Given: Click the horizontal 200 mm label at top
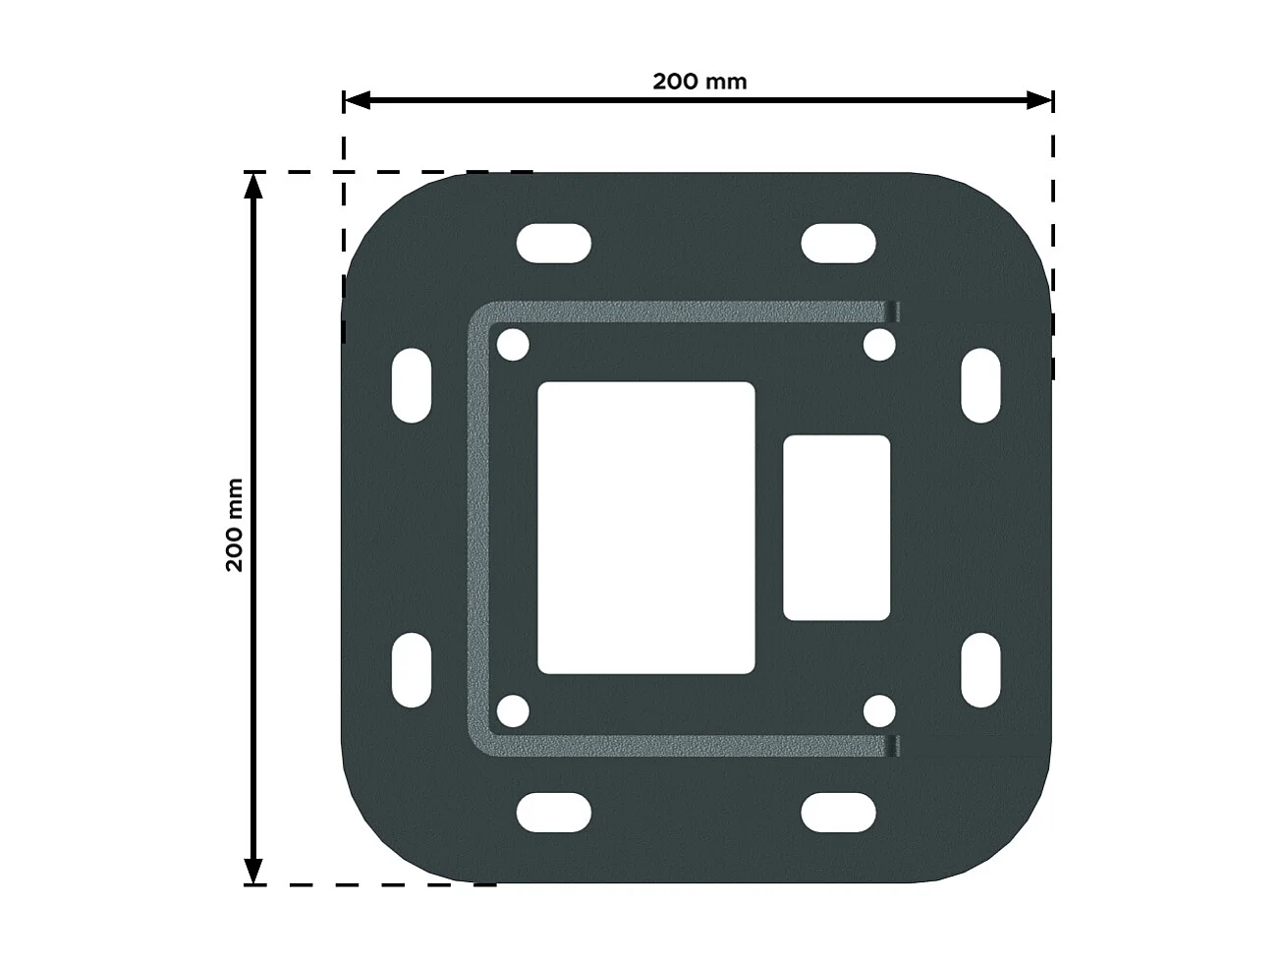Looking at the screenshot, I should click(698, 82).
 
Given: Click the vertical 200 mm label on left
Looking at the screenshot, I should click(235, 525).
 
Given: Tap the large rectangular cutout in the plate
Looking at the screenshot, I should click(645, 528).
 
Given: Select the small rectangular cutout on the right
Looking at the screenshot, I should click(836, 529).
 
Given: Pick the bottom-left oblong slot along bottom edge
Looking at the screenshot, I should click(554, 814).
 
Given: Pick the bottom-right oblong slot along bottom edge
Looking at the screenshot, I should click(838, 814).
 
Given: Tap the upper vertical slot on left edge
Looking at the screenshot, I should click(412, 385).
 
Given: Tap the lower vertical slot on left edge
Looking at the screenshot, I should click(412, 671).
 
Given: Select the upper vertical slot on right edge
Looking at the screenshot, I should click(979, 385).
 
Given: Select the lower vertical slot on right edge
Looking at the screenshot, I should click(979, 671).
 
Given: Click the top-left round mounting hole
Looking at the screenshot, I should click(513, 346).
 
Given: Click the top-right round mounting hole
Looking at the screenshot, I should click(879, 346).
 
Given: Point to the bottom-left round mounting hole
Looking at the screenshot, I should click(513, 711).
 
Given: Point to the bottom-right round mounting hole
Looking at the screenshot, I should click(879, 711).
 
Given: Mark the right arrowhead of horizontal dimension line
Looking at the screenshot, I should click(1040, 100).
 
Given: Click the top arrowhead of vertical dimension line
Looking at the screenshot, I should click(253, 185).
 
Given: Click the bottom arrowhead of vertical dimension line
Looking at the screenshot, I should click(253, 872).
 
